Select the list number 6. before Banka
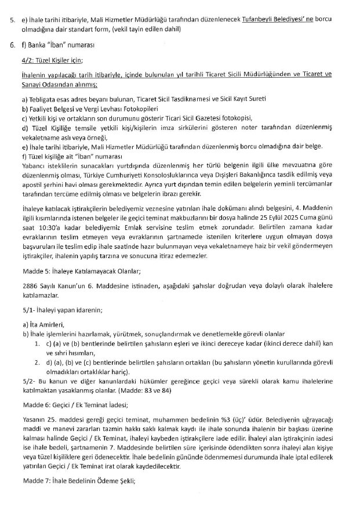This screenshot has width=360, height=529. [13, 45]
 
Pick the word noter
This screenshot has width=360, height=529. [235, 127]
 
